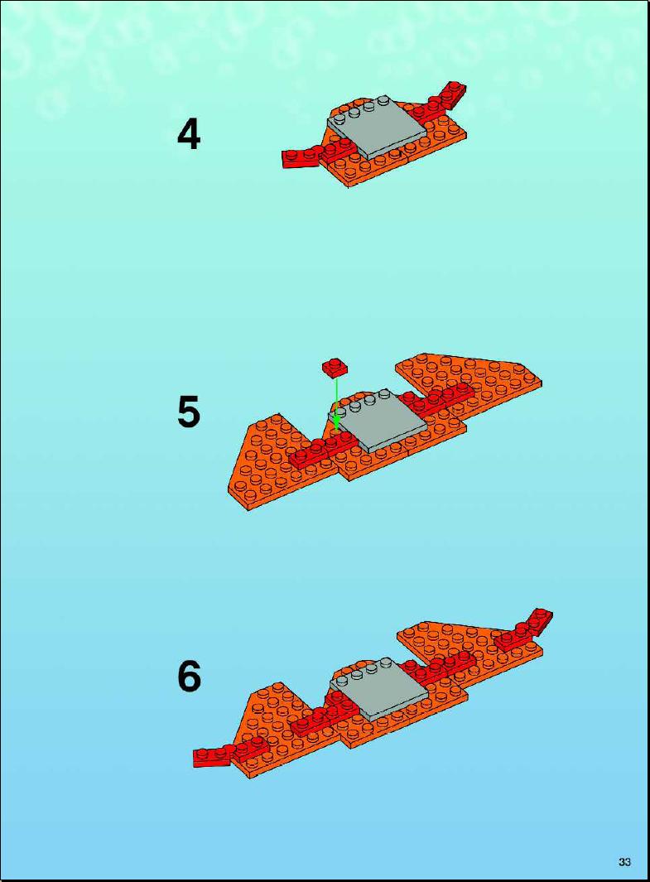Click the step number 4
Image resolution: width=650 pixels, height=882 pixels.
click(x=189, y=135)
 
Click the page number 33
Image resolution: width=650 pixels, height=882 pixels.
click(x=624, y=862)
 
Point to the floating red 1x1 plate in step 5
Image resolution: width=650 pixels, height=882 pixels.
click(x=335, y=368)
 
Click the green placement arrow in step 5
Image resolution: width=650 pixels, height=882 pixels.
click(x=336, y=404)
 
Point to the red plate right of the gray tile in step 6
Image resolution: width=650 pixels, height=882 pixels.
click(x=440, y=667)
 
